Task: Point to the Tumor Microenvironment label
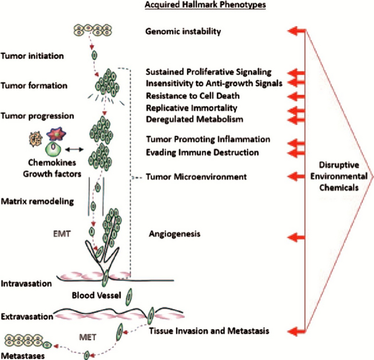(x=196, y=177)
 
